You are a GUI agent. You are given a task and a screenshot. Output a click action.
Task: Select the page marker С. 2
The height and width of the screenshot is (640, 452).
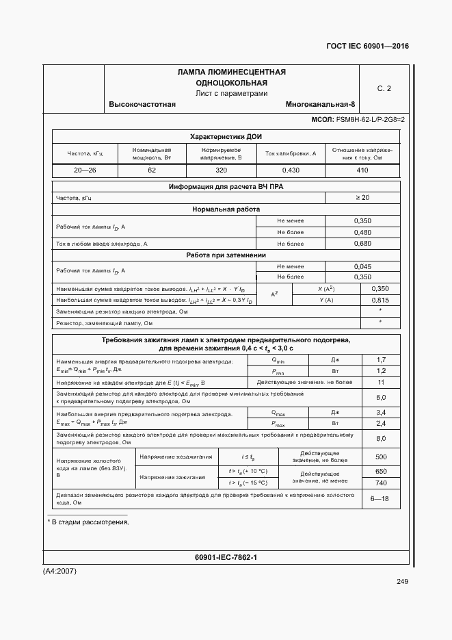coord(384,88)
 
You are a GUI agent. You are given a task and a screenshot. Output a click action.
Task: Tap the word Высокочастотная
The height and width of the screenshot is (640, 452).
coord(142,105)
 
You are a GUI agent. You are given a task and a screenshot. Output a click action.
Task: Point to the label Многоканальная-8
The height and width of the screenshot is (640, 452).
coord(321,105)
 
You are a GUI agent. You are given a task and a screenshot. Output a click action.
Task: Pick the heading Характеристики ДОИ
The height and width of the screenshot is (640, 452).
coord(226,136)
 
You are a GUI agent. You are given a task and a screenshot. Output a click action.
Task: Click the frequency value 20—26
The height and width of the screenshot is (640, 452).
coord(85,170)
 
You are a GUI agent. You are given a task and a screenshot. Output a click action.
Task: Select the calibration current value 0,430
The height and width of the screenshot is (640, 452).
coord(291,170)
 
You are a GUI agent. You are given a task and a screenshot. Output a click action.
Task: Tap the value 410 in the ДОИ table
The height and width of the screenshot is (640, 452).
coord(362,170)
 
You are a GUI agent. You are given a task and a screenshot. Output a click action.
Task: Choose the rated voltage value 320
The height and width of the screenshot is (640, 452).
coord(221,170)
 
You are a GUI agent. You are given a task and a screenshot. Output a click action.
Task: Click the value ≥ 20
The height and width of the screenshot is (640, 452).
coord(362,198)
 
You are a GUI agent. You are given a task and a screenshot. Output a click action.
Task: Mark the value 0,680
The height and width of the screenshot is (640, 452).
coord(362,243)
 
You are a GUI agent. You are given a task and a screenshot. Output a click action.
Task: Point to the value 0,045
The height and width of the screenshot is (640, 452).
coord(362,266)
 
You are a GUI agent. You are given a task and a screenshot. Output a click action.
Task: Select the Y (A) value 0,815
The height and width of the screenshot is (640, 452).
coord(380,300)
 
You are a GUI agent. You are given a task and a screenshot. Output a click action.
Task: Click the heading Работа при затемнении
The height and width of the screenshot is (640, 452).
coord(226,255)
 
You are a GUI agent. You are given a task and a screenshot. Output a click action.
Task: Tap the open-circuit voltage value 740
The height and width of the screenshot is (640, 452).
coord(381,483)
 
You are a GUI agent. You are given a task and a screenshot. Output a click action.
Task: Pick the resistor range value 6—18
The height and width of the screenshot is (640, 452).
coord(380,498)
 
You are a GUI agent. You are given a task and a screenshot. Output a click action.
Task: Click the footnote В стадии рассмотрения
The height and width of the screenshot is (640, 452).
coord(90,523)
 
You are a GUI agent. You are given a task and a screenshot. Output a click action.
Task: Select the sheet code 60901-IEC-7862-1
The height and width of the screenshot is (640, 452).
coord(226,558)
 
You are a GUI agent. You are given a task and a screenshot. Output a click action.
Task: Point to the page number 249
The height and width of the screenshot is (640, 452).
coord(401,582)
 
